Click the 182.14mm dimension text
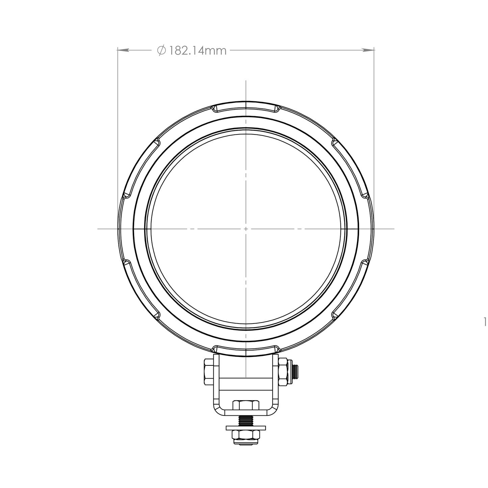(x=197, y=51)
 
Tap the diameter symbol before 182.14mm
(x=161, y=50)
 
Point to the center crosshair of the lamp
(x=246, y=229)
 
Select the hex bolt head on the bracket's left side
(x=208, y=372)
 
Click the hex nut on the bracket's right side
(x=283, y=372)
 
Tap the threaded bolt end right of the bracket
(x=295, y=372)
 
